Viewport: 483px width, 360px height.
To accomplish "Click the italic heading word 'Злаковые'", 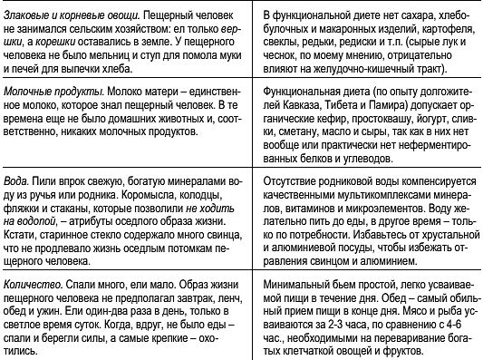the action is tap(31, 16).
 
